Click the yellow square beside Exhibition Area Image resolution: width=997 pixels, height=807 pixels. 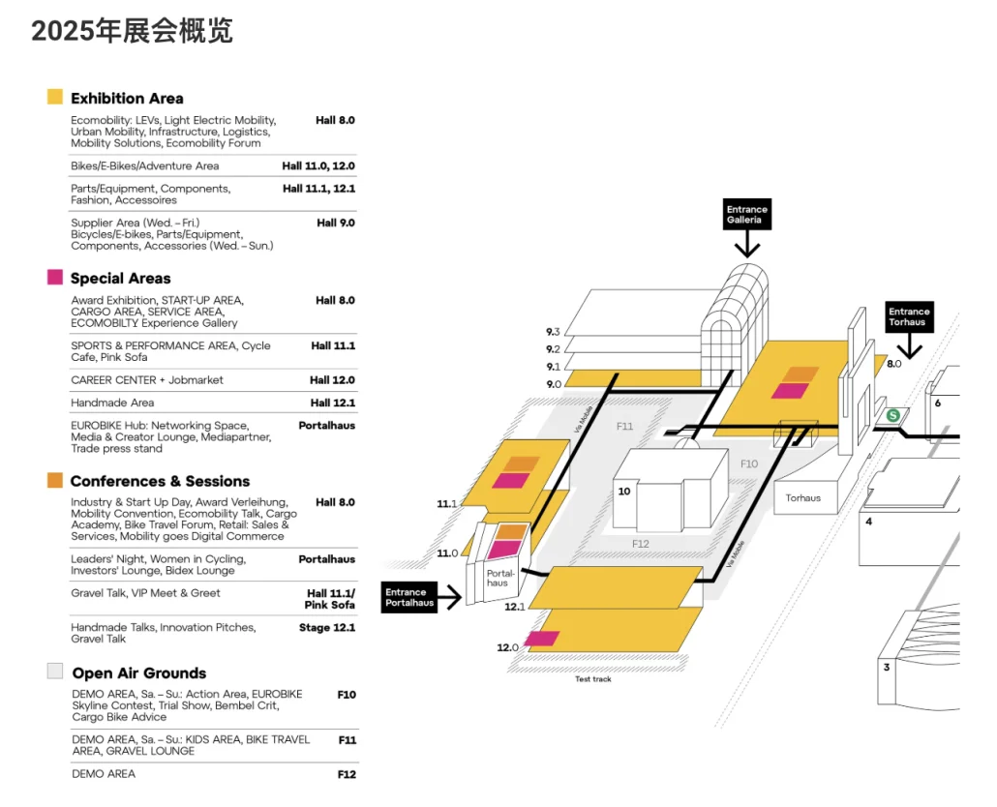pyautogui.click(x=55, y=97)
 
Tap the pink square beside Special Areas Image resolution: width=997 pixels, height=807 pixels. pyautogui.click(x=55, y=277)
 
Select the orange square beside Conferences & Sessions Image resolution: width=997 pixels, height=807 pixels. pyautogui.click(x=55, y=480)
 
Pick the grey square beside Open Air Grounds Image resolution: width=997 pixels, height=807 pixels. pyautogui.click(x=55, y=671)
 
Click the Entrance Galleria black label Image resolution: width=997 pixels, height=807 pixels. pyautogui.click(x=747, y=214)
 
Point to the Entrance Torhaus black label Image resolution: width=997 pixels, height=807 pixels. pyautogui.click(x=909, y=316)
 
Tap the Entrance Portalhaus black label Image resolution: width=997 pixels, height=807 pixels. pyautogui.click(x=409, y=597)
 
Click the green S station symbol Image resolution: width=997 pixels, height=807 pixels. pyautogui.click(x=893, y=415)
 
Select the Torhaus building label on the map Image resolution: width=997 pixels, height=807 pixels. pyautogui.click(x=803, y=497)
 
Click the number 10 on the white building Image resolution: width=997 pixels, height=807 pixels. pyautogui.click(x=624, y=492)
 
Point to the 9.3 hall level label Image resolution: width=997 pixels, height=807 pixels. pyautogui.click(x=553, y=332)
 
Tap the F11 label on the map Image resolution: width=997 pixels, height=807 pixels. pyautogui.click(x=625, y=427)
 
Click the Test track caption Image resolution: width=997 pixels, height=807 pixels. pyautogui.click(x=593, y=679)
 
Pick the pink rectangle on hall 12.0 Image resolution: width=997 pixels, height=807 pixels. pyautogui.click(x=541, y=639)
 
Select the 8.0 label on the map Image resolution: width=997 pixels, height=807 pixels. pyautogui.click(x=894, y=364)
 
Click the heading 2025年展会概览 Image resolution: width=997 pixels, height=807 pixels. pyautogui.click(x=133, y=31)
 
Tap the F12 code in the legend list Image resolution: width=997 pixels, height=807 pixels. pyautogui.click(x=347, y=774)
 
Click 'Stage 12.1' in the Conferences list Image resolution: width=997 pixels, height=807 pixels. pyautogui.click(x=327, y=627)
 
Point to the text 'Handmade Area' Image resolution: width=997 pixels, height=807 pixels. pyautogui.click(x=112, y=403)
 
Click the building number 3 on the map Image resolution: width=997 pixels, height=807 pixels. pyautogui.click(x=887, y=668)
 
